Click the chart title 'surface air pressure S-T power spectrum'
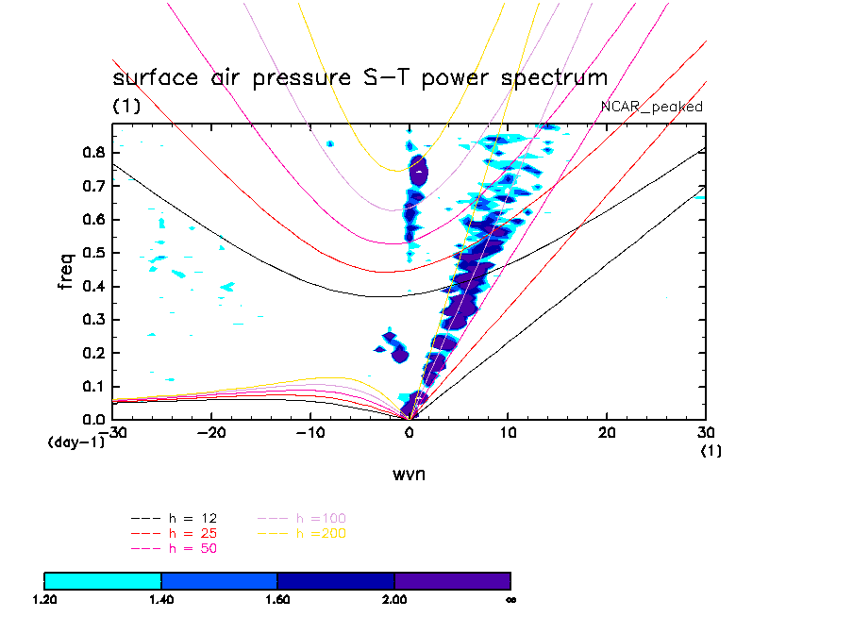click(x=360, y=77)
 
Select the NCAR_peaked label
click(x=652, y=107)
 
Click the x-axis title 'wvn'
click(x=409, y=474)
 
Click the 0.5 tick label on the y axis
click(x=91, y=252)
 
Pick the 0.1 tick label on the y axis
click(x=91, y=386)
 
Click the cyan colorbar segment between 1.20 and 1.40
click(x=103, y=580)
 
